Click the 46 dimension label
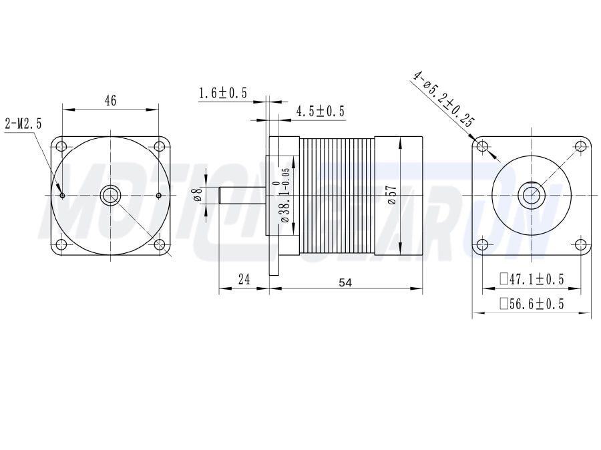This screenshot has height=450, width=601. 110,100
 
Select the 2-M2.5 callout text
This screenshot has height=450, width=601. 23,124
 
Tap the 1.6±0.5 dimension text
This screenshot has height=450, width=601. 222,93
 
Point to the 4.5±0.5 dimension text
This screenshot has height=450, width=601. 320,111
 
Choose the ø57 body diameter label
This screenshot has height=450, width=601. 392,195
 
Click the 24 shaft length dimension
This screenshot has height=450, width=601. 244,279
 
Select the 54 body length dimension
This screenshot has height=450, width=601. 345,282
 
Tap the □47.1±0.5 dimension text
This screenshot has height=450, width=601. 532,279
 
